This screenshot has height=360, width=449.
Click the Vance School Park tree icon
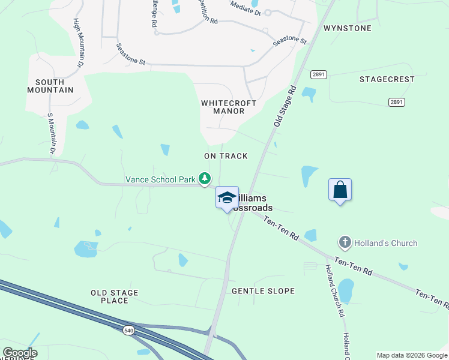205,178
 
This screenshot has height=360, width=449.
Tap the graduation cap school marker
227,198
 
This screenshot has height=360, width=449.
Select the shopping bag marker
340,190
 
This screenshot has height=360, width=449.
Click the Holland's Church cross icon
345,242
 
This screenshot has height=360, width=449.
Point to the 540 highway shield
129,331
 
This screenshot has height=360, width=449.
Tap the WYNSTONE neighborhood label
347,28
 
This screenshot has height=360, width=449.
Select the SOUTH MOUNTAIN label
50,86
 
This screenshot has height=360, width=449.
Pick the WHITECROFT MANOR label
229,107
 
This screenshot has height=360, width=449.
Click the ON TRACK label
226,156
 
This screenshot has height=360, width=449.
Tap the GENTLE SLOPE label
263,291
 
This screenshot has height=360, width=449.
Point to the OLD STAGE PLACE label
114,296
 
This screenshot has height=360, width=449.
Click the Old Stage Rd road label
286,105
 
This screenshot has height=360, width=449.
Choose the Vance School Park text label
160,179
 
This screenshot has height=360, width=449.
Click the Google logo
20,353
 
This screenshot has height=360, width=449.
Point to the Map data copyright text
411,355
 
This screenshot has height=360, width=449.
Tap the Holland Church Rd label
334,290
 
